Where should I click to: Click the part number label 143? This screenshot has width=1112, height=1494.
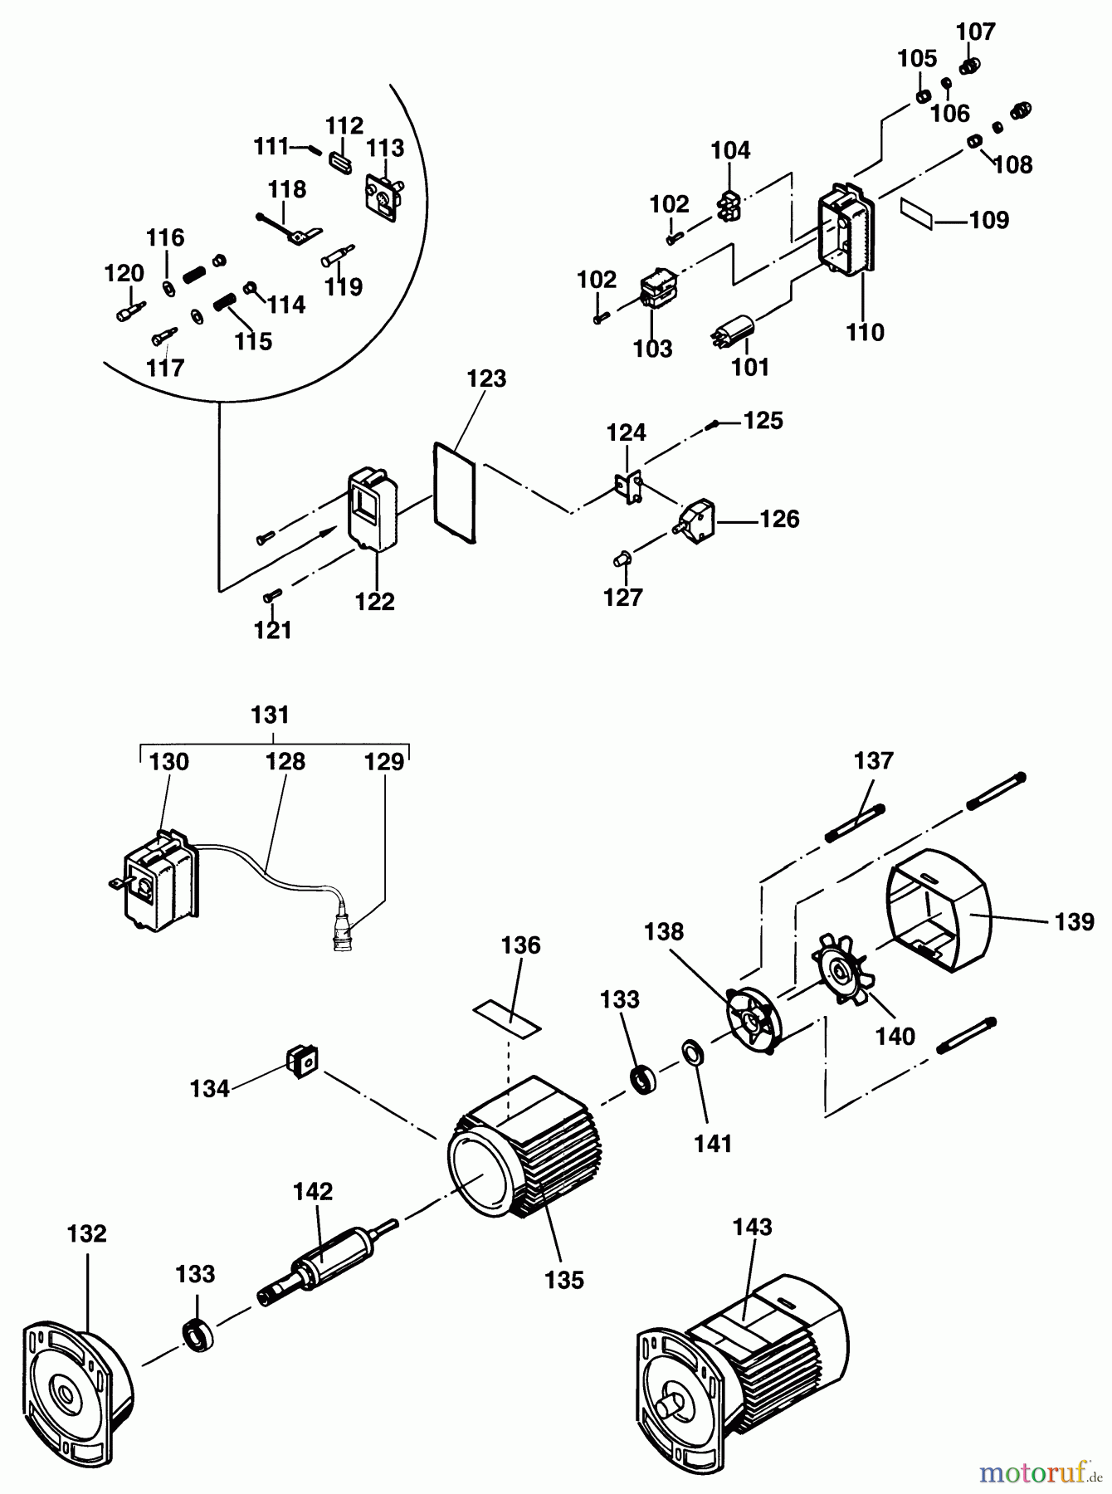click(753, 1227)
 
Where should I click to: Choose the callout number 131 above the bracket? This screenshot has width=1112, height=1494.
click(271, 715)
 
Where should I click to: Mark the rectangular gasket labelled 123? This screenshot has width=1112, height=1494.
click(455, 495)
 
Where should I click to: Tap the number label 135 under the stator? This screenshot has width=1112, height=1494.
click(564, 1280)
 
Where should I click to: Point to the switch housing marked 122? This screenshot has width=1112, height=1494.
click(373, 510)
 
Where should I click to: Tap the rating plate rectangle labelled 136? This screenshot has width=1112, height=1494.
click(506, 1018)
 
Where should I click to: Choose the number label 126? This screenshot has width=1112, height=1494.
click(779, 520)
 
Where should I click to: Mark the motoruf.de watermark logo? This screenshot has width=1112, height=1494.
click(1041, 1472)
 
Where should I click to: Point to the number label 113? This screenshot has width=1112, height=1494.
click(386, 148)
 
